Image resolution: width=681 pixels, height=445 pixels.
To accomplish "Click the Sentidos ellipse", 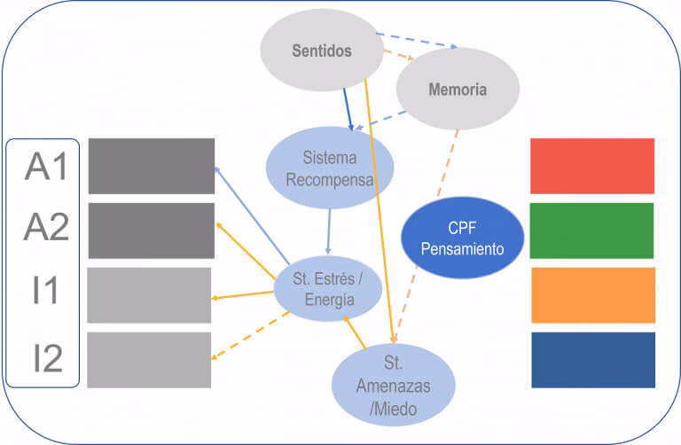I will [321, 51].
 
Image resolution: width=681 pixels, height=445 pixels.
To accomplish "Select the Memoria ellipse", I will [457, 90].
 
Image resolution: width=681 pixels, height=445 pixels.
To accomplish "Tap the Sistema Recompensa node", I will [329, 168].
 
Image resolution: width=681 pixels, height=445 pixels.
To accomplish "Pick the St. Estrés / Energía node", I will [329, 290].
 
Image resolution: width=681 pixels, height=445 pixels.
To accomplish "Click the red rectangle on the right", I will [592, 166].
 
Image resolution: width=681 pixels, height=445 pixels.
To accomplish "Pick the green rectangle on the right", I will [592, 230].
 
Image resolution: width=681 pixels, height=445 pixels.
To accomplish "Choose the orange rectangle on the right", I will [592, 295].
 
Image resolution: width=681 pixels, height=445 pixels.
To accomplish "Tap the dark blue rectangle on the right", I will [592, 360].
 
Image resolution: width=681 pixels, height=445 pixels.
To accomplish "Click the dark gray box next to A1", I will [152, 166].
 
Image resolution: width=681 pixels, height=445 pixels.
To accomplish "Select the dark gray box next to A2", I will [152, 230].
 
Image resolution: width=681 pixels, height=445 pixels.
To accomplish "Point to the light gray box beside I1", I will [149, 295].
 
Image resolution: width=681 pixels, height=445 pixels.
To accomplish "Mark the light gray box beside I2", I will [149, 360].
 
